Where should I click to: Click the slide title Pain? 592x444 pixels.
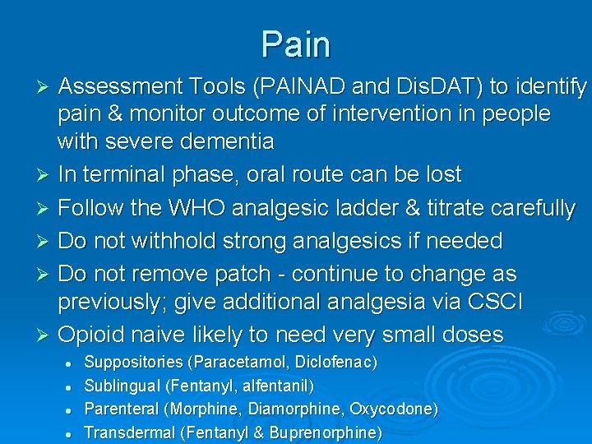[296, 44]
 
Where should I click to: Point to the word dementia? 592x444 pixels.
[221, 141]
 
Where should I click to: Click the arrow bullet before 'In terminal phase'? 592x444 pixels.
[46, 175]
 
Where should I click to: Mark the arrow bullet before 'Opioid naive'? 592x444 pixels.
[46, 335]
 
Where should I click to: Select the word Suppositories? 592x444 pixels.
[134, 362]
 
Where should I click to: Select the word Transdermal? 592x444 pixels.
[124, 432]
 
